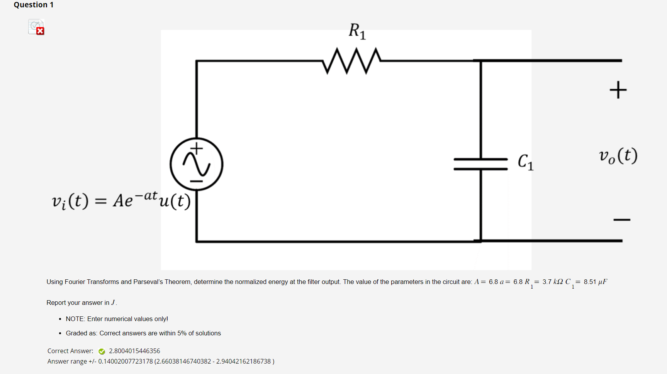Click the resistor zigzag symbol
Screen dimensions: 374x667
click(x=351, y=61)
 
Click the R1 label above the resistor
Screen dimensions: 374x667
click(x=357, y=31)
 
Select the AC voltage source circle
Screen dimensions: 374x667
click(x=196, y=164)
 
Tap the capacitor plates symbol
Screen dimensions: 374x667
click(x=480, y=164)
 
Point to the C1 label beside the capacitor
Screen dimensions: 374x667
click(x=525, y=162)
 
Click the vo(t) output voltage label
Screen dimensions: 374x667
click(x=618, y=156)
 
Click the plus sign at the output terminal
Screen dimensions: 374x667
click(x=618, y=90)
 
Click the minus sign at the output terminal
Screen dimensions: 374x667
click(x=621, y=220)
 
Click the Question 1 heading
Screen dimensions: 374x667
click(x=34, y=5)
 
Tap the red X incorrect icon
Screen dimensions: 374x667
click(x=40, y=31)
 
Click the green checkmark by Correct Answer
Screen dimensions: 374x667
click(x=102, y=351)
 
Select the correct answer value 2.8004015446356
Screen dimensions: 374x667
click(x=134, y=351)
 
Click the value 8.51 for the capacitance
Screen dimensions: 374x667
click(x=590, y=282)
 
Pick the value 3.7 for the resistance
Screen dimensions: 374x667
click(x=546, y=282)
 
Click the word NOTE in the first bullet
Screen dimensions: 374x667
click(x=75, y=319)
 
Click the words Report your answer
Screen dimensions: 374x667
click(x=75, y=303)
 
